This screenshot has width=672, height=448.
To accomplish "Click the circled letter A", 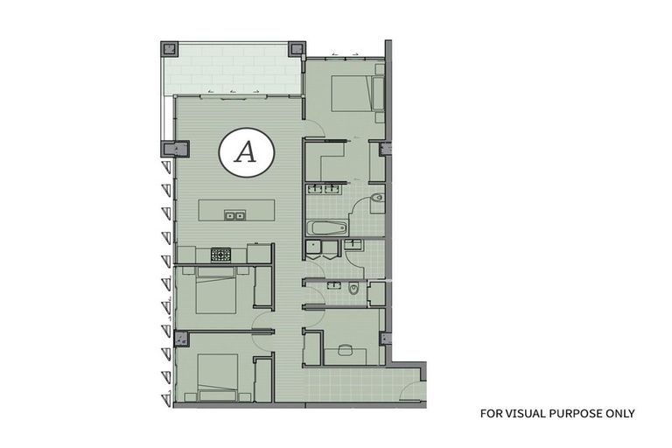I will (x=246, y=153).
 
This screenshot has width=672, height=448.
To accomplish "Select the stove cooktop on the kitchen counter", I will (x=220, y=255).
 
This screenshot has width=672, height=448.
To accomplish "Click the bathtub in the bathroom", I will (x=325, y=229).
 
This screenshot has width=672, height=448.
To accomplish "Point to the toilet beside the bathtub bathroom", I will (x=375, y=199).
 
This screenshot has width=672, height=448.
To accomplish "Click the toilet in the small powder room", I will (x=353, y=289).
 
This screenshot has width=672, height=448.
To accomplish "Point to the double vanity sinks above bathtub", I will (x=325, y=189).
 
